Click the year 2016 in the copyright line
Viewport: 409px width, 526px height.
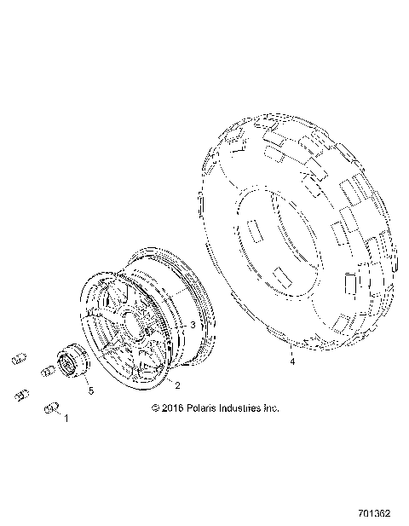tap(174, 408)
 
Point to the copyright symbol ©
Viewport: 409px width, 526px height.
tap(155, 408)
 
